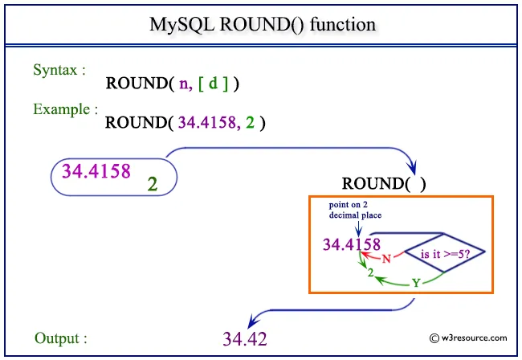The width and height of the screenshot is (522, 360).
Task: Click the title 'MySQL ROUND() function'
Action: point(262,24)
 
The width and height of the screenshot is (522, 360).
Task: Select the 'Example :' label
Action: point(66,108)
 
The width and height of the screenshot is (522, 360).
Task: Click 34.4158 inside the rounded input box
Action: point(96,170)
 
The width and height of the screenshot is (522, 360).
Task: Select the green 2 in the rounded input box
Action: point(152,184)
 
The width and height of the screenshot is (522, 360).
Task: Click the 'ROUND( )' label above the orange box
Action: point(384,182)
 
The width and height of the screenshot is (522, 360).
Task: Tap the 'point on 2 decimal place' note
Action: point(355,210)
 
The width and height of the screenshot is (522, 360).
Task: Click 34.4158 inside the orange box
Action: point(351,244)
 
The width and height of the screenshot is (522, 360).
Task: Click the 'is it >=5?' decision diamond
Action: point(444,255)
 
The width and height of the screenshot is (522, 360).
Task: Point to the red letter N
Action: point(385,259)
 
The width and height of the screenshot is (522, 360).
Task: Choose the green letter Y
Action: point(415,282)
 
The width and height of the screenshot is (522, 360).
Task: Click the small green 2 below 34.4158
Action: point(370,273)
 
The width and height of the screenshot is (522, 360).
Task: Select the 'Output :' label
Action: point(61,338)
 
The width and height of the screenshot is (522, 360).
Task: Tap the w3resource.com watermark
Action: point(468,338)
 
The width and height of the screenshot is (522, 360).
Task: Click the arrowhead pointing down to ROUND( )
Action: point(413,168)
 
